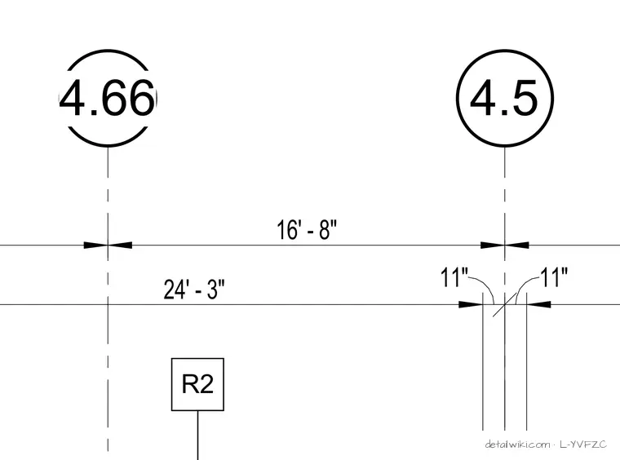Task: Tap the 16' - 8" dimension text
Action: pyautogui.click(x=307, y=230)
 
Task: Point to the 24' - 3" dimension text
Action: pyautogui.click(x=194, y=290)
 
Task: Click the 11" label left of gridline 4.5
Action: pyautogui.click(x=454, y=277)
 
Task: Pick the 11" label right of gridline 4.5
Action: pyautogui.click(x=554, y=277)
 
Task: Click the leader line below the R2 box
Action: pyautogui.click(x=197, y=435)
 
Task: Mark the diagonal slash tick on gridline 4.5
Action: pyautogui.click(x=504, y=305)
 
